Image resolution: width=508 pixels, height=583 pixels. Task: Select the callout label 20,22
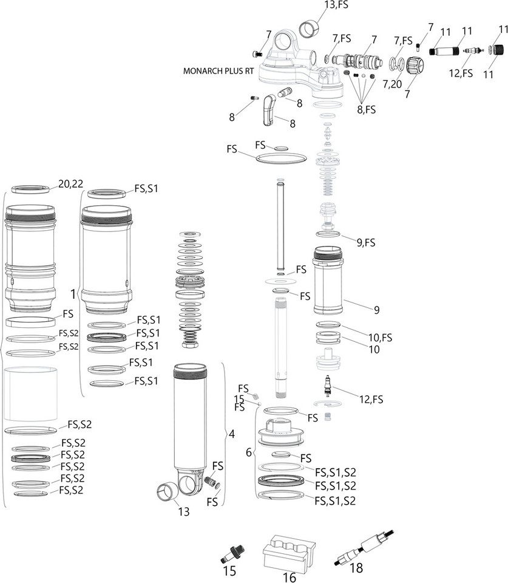point(70,183)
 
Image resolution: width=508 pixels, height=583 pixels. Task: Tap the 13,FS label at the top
point(337,5)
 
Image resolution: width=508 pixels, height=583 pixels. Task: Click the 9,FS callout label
point(366,242)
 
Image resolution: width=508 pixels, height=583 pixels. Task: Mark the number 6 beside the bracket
point(248,452)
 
